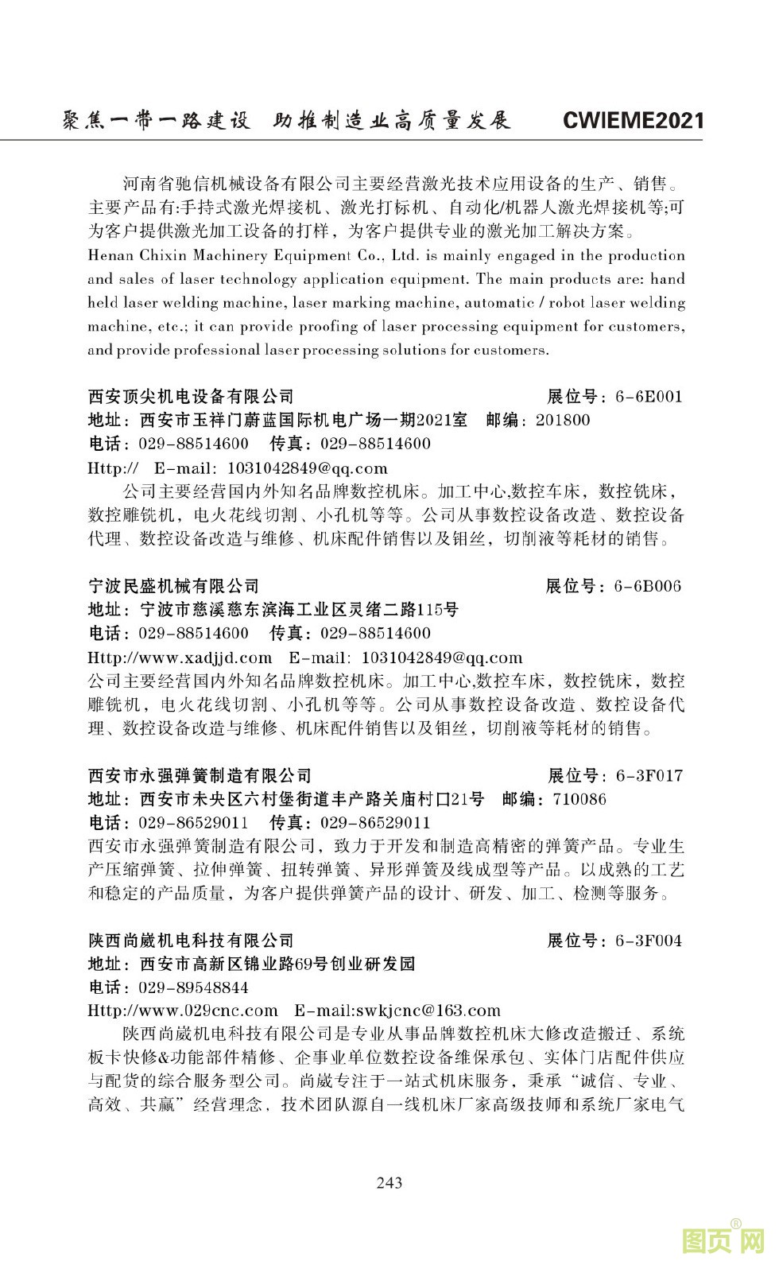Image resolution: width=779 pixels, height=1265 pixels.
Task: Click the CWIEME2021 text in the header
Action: (x=633, y=121)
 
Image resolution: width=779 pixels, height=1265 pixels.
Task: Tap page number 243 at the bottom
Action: (x=389, y=1182)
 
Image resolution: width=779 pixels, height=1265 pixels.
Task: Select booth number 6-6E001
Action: (x=649, y=397)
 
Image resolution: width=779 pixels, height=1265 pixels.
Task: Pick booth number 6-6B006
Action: (x=648, y=587)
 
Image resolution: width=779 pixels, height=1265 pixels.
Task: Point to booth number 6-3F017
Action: (x=649, y=776)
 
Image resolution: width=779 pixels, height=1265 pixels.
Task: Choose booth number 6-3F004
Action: (x=649, y=941)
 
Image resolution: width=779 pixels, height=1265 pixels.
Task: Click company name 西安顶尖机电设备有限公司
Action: (x=191, y=397)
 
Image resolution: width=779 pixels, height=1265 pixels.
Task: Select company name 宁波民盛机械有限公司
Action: (x=173, y=587)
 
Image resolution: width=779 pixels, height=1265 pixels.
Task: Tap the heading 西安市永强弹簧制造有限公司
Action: (x=200, y=776)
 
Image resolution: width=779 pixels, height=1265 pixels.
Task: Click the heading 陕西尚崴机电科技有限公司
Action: (x=191, y=941)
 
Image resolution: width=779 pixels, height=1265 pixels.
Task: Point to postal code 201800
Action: (x=563, y=421)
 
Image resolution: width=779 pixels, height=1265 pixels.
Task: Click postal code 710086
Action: (x=579, y=800)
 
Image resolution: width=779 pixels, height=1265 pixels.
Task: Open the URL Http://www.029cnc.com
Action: (x=183, y=1011)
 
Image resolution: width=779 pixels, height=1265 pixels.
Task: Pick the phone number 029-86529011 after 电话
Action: (x=193, y=823)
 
